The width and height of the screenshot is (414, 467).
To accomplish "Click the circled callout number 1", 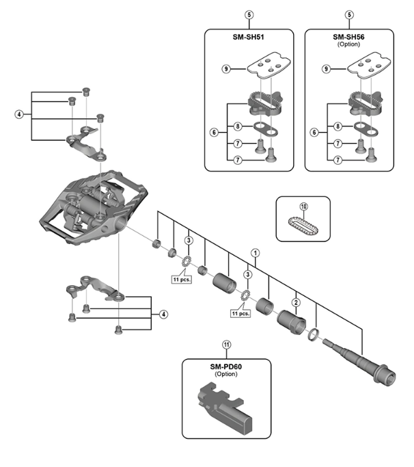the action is (255, 253).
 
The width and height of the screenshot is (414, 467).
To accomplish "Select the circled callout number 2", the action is (296, 303).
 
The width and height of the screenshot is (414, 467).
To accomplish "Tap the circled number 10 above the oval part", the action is (303, 206).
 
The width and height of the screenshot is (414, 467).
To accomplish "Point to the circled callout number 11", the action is (227, 345).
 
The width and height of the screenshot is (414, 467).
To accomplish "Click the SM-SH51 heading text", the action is (248, 37).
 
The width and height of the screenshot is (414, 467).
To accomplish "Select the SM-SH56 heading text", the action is (348, 37).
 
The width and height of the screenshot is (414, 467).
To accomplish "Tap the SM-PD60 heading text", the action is (226, 367).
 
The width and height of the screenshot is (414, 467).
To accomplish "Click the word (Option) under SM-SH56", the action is (348, 44).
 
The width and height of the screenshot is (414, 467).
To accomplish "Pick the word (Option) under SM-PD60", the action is (226, 374).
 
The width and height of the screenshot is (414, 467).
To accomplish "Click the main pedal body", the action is (94, 207).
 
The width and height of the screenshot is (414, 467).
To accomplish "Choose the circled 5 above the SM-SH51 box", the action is (249, 15).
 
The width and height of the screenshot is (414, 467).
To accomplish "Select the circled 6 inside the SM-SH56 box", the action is (314, 132).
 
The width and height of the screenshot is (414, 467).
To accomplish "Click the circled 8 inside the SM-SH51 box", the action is (238, 126).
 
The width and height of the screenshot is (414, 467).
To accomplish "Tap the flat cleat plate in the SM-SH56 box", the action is (369, 66).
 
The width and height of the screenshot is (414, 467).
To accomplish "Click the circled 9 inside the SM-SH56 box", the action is (326, 69).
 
